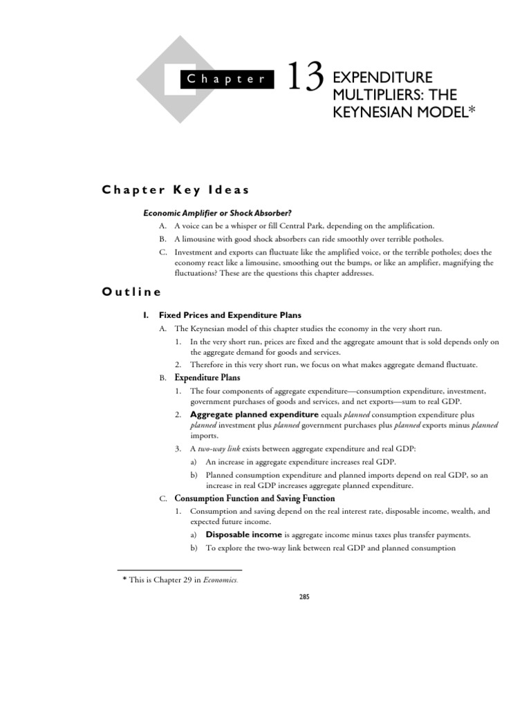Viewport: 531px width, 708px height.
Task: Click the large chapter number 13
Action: (304, 77)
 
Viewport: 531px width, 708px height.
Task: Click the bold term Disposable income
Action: (244, 534)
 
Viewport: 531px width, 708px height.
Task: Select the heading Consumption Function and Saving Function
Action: (254, 498)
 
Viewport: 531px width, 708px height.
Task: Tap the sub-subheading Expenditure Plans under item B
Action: (207, 378)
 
